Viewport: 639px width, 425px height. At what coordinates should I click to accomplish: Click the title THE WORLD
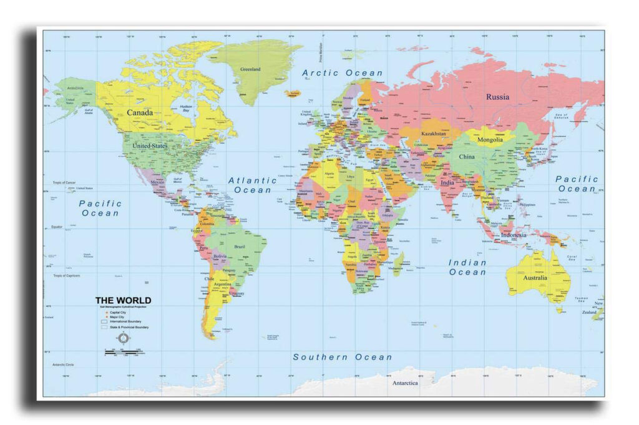click(x=123, y=300)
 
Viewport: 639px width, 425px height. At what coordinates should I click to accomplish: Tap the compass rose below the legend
click(x=123, y=339)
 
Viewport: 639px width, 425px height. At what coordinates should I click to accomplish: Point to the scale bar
click(x=123, y=353)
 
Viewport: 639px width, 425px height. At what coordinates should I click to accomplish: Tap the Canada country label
click(x=140, y=113)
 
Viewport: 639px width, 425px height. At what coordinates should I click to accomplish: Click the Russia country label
click(x=497, y=97)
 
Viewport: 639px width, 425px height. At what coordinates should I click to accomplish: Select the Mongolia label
click(x=490, y=140)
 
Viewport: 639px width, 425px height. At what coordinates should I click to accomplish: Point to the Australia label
click(x=535, y=277)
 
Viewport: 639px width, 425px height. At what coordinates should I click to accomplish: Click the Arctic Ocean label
click(x=343, y=73)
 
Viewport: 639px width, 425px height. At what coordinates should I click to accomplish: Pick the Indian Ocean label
click(x=467, y=267)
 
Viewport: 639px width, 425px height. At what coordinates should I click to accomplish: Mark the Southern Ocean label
click(x=343, y=357)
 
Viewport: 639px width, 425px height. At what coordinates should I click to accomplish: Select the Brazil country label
click(x=239, y=247)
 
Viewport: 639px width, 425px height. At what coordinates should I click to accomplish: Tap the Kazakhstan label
click(x=433, y=134)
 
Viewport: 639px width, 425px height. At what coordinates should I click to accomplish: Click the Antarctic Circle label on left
click(x=63, y=364)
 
